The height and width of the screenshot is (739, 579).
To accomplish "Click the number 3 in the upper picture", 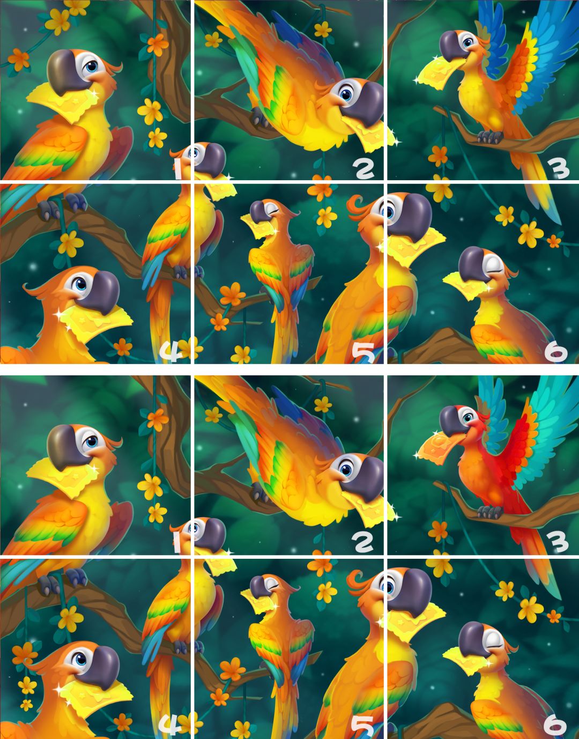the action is pyautogui.click(x=558, y=169).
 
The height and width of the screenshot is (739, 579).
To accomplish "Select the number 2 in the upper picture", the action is pyautogui.click(x=363, y=169).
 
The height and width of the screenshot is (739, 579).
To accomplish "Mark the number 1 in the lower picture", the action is pyautogui.click(x=177, y=542).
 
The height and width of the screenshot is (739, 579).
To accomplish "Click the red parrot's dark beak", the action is pyautogui.click(x=451, y=420).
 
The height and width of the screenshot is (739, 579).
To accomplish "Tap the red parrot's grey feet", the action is pyautogui.click(x=489, y=511).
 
